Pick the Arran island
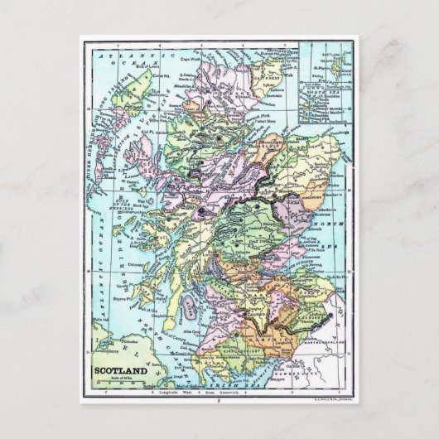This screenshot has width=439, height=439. point(191,313)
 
